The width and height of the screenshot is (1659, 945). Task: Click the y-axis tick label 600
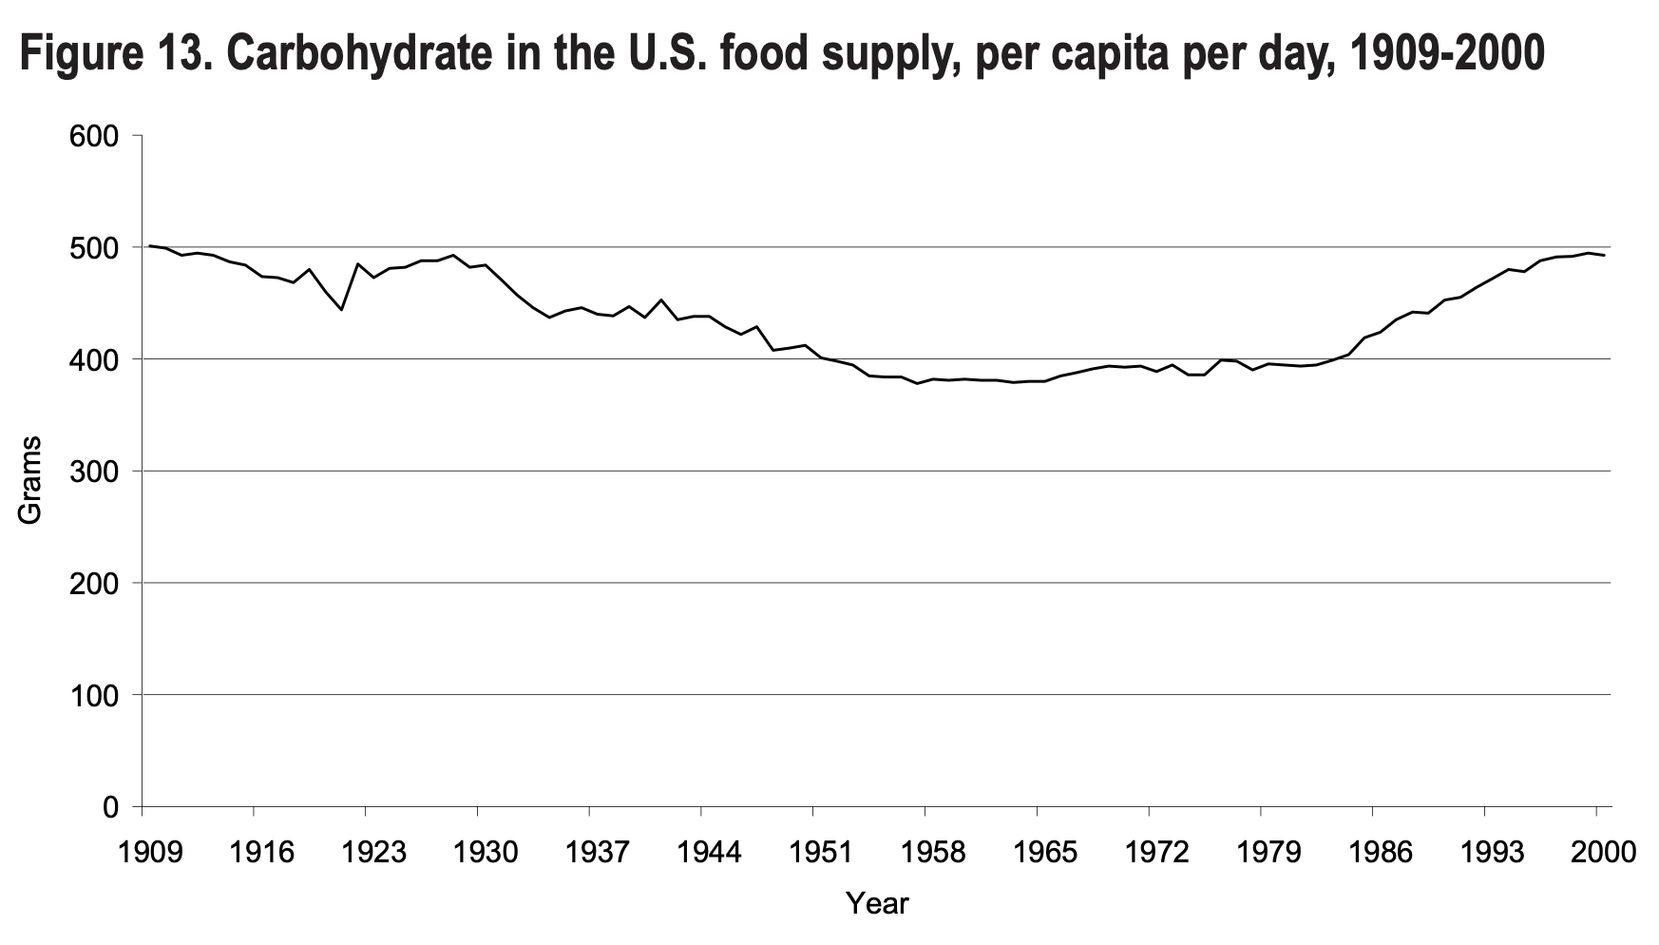(92, 136)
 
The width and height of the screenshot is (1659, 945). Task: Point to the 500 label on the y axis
(92, 247)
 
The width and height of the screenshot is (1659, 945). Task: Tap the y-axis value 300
(92, 472)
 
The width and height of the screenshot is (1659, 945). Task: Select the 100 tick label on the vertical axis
(92, 696)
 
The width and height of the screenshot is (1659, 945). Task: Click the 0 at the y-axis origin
(109, 807)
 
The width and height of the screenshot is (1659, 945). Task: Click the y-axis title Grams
(30, 480)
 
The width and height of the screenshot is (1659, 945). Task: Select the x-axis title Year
(877, 903)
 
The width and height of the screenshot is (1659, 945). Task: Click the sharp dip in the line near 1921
(341, 310)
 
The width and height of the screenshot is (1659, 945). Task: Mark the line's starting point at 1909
(150, 246)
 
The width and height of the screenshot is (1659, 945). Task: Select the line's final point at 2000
(1604, 255)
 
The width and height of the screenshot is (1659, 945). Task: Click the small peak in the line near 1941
(661, 299)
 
